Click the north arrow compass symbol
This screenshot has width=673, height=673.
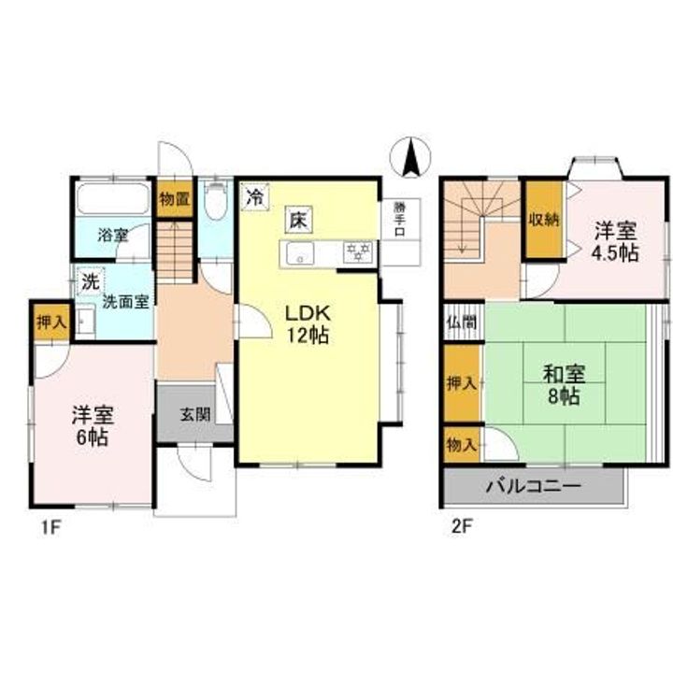click(409, 155)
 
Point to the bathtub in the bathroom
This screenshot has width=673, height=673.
click(112, 199)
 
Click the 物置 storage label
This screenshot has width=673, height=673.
click(175, 198)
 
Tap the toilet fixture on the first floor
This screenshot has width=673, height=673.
click(216, 199)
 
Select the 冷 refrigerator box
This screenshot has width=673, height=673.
click(253, 197)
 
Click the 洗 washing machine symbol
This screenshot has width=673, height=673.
click(89, 280)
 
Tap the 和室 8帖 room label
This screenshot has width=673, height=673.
click(566, 384)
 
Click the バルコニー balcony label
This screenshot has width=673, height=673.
click(533, 487)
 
